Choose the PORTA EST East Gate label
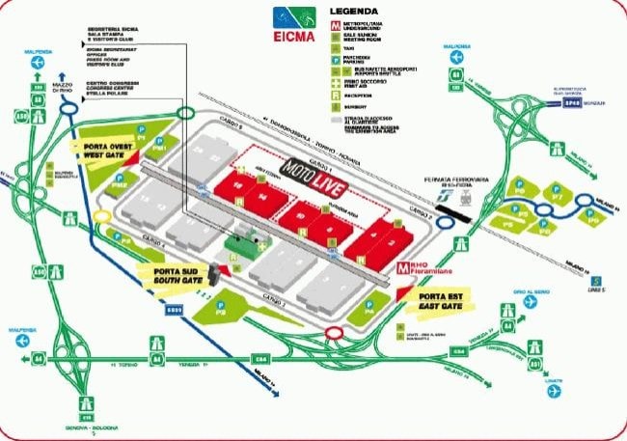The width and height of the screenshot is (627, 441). (x=444, y=301)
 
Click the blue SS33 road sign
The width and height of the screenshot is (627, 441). (x=174, y=310)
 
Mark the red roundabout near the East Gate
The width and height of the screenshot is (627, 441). (x=335, y=333)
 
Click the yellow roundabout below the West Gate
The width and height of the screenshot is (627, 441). (x=102, y=216)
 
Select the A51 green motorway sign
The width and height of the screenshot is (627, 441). (x=535, y=365)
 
